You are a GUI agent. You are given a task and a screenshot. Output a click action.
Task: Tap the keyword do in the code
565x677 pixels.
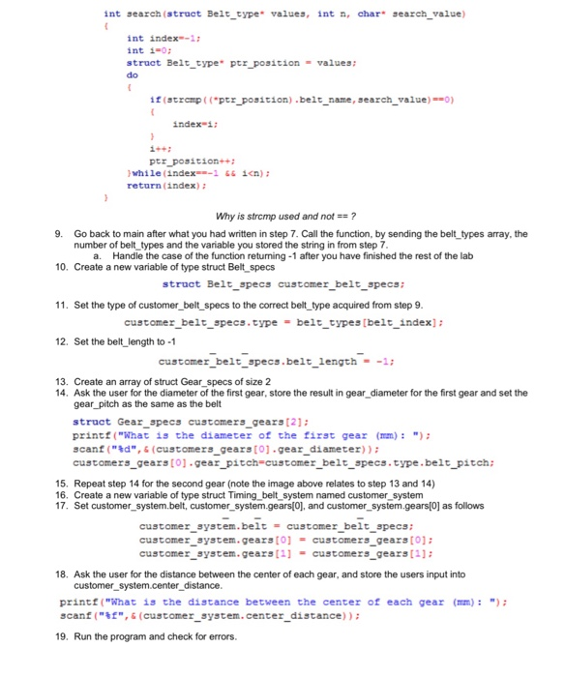tap(133, 74)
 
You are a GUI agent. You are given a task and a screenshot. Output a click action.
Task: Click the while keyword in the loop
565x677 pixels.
tap(149, 171)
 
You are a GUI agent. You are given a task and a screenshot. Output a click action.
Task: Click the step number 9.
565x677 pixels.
tap(59, 233)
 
